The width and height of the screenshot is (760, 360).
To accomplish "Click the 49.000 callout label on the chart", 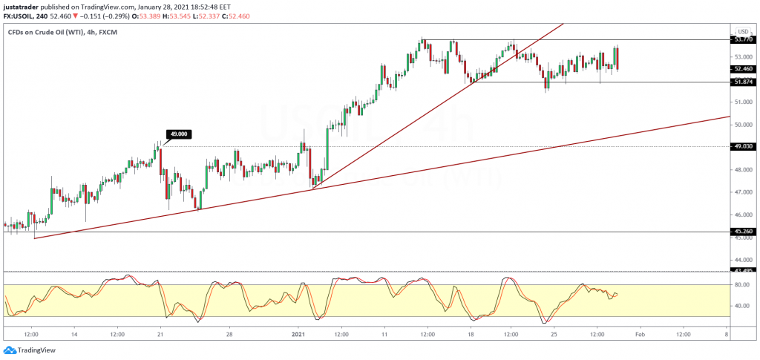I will tap(177, 134).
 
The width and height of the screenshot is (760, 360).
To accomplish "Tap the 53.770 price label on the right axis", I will tap(743, 39).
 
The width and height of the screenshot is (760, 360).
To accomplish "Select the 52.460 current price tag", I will tap(743, 69).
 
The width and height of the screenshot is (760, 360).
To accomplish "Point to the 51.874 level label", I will tap(743, 82).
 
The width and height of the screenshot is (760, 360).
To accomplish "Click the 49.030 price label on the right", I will tap(743, 147).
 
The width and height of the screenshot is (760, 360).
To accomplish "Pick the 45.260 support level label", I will tap(743, 232).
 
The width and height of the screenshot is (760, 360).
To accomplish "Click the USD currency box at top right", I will tap(741, 31).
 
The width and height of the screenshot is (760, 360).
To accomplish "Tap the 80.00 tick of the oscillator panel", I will tap(741, 284).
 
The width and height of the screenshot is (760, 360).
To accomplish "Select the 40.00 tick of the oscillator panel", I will tap(741, 305).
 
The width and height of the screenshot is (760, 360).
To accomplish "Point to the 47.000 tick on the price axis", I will tap(741, 192).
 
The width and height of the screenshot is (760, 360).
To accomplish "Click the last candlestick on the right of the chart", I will tap(617, 58).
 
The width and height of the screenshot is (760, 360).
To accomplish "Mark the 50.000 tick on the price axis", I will tap(741, 125).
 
